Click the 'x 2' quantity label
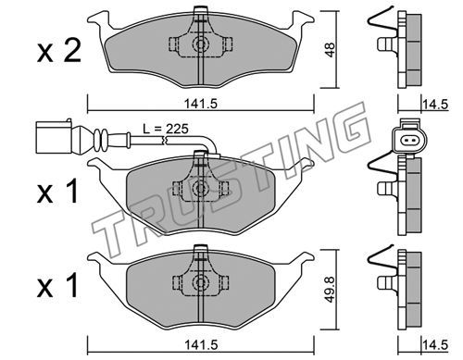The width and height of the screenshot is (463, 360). point(59,51)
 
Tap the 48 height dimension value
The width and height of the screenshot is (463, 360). point(330,50)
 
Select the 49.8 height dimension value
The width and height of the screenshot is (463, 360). point(330,289)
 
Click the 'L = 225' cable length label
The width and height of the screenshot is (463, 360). point(166,129)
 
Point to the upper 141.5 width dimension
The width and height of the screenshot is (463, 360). point(201,104)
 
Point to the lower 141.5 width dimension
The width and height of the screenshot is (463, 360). point(201,344)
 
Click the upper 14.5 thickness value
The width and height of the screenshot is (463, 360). point(435,105)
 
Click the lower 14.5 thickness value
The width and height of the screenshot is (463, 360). point(435,345)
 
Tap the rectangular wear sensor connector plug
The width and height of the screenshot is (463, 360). point(54,137)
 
